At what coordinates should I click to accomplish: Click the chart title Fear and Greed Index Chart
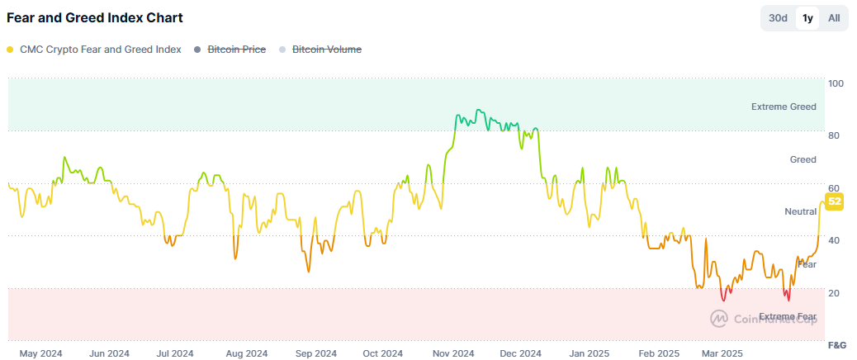[x=95, y=17]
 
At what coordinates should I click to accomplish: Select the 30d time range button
[x=778, y=18]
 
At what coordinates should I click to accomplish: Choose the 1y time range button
[x=807, y=18]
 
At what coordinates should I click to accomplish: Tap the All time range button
[x=834, y=18]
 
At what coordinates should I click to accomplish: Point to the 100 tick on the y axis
[x=836, y=83]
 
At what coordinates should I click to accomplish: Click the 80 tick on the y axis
[x=835, y=135]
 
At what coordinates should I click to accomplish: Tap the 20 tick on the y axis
[x=835, y=293]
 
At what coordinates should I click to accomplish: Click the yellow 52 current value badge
[x=834, y=201]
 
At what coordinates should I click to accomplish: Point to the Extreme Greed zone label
[x=784, y=107]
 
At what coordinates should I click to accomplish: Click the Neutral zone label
[x=800, y=211]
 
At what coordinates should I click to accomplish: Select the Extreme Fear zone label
[x=788, y=316]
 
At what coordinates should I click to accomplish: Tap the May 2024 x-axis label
[x=40, y=353]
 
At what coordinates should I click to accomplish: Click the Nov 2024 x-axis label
[x=453, y=353]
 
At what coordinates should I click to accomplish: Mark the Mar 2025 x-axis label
[x=722, y=353]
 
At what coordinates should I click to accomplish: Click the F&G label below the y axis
[x=836, y=343]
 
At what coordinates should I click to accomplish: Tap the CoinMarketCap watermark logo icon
[x=719, y=317]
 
